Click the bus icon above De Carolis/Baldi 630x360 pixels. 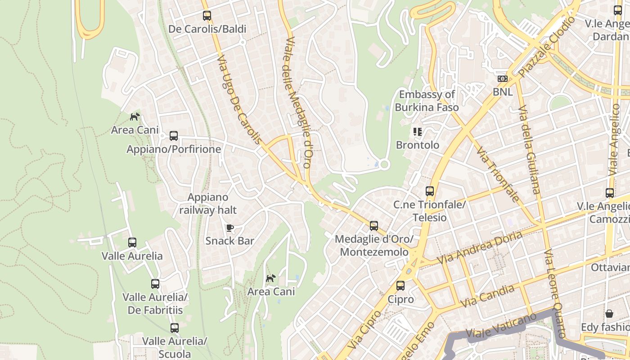[207, 16]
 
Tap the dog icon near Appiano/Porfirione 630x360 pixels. [135, 117]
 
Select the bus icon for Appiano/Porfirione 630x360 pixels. [174, 136]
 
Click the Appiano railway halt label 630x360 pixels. [208, 203]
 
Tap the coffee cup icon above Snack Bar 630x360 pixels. [229, 228]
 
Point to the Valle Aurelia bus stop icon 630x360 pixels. [132, 243]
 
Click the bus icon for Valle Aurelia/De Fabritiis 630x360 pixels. [155, 284]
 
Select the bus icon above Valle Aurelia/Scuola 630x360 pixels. [175, 328]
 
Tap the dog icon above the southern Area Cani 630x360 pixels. [270, 279]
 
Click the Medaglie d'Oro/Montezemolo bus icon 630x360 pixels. [374, 226]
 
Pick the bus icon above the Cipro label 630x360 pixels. [400, 286]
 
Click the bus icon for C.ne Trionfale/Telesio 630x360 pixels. [430, 191]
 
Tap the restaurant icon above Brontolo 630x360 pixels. [417, 132]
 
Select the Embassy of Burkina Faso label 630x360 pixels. [427, 101]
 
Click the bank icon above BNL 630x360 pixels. [502, 79]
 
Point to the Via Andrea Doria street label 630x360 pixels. [479, 247]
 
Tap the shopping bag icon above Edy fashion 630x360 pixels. [609, 314]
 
